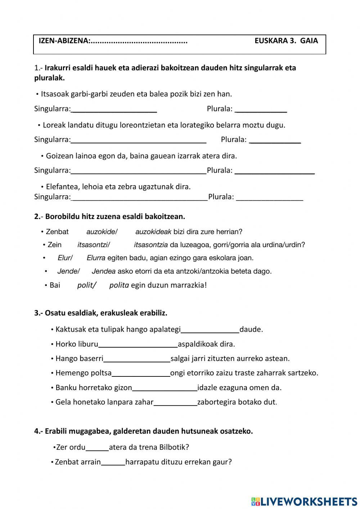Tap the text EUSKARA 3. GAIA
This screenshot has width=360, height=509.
tap(286, 41)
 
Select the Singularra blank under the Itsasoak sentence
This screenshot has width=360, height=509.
tap(114, 109)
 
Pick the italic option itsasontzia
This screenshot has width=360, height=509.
tap(151, 245)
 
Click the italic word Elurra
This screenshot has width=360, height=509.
tap(96, 258)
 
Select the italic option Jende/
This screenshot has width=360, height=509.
tap(68, 271)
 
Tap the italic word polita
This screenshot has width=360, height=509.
tap(119, 285)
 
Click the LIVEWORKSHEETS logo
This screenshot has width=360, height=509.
tap(304, 501)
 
